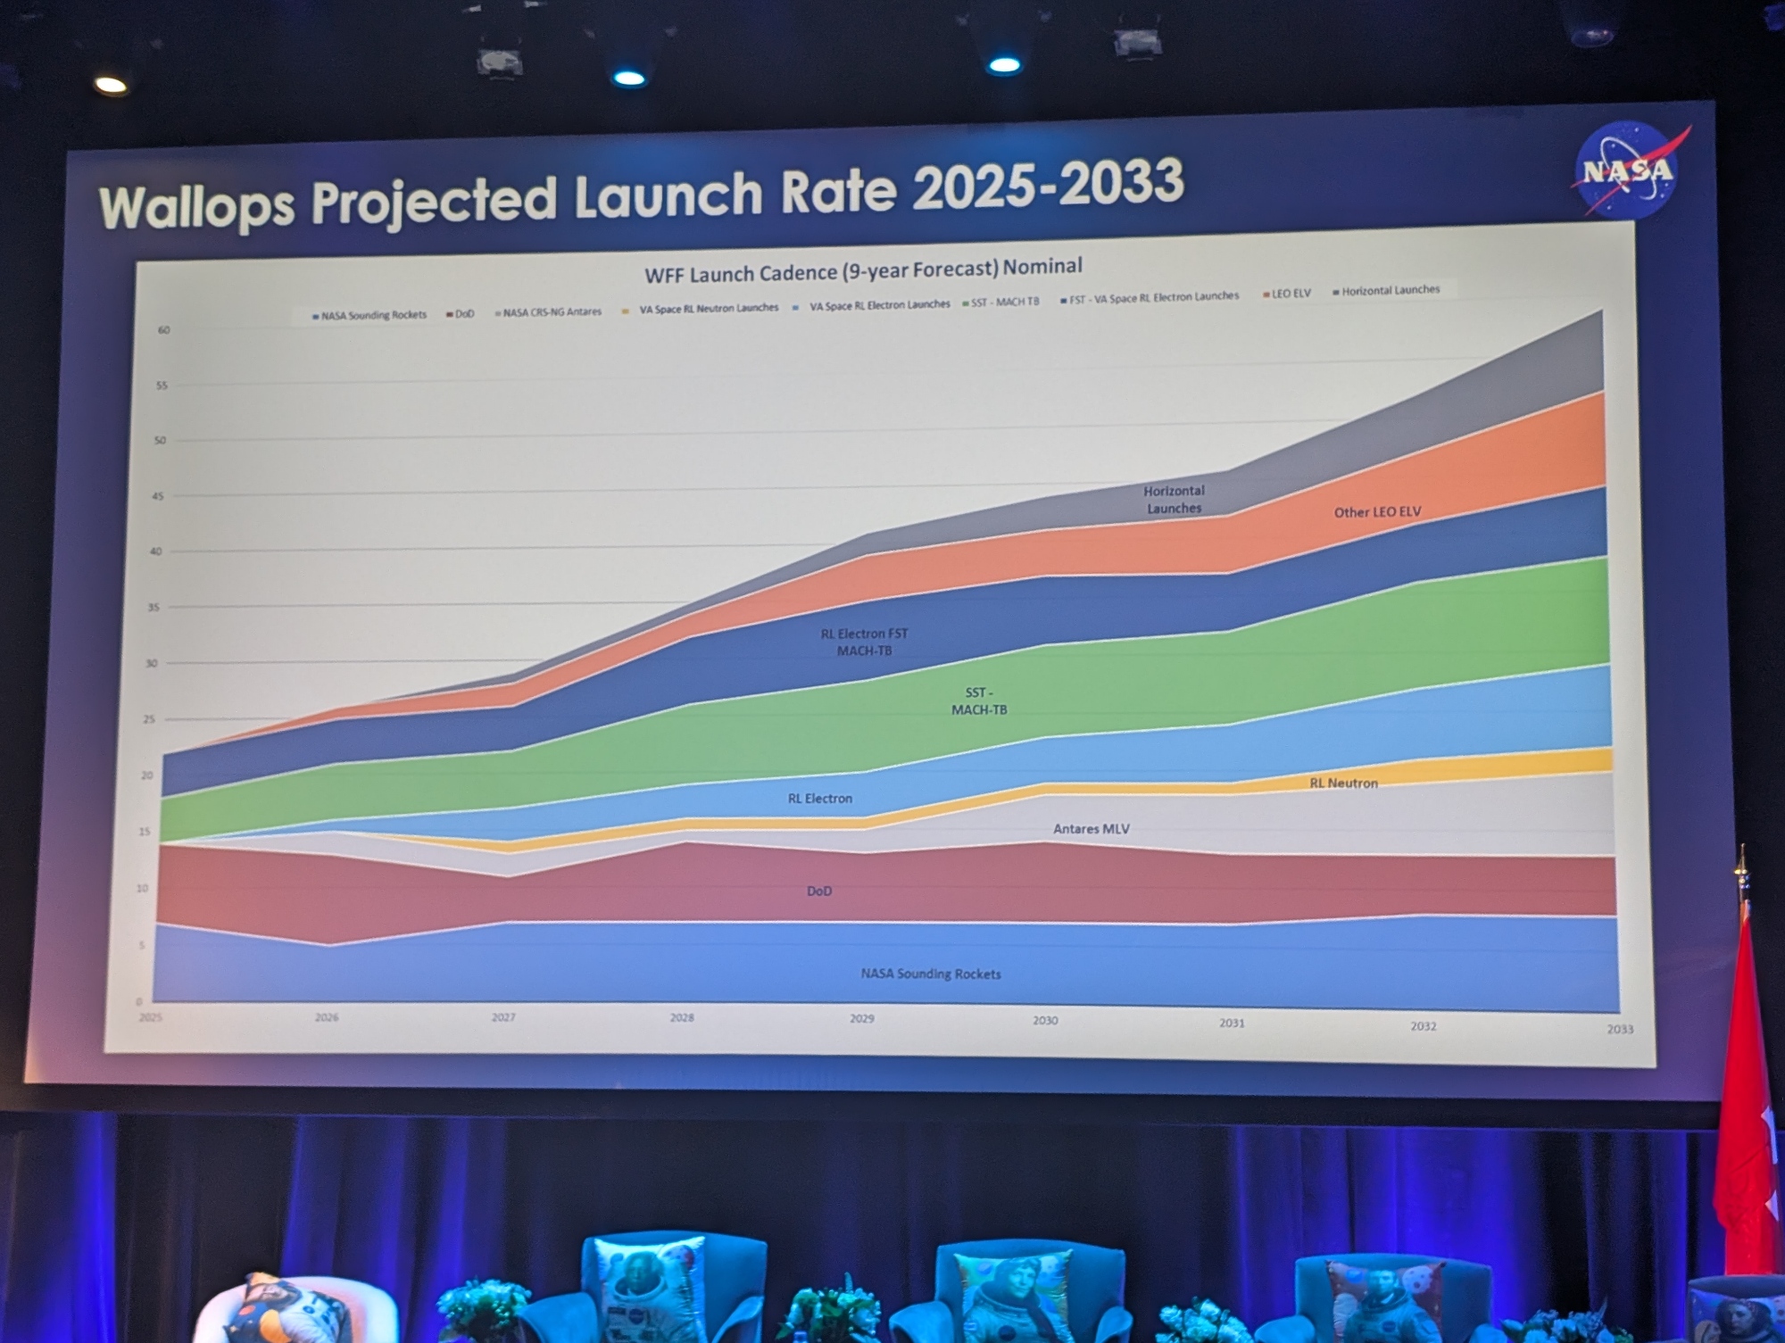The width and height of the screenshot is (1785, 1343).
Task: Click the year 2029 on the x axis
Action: click(x=861, y=1018)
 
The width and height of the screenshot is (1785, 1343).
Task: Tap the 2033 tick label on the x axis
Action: click(x=1620, y=1029)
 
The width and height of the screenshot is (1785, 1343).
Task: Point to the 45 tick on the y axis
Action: click(x=158, y=496)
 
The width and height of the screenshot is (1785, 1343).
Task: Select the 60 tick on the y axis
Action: click(x=163, y=330)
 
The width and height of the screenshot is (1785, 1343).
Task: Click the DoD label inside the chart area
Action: click(x=818, y=891)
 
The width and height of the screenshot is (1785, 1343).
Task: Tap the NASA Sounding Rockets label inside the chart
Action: click(x=930, y=974)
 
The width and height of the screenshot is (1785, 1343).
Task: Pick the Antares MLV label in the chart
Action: click(x=1091, y=829)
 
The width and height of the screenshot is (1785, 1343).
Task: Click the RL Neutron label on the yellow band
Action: click(x=1343, y=783)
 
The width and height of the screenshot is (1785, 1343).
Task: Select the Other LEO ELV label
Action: click(x=1377, y=512)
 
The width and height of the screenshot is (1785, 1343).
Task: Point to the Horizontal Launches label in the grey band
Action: click(x=1174, y=500)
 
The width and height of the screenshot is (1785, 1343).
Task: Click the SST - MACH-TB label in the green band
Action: click(x=978, y=701)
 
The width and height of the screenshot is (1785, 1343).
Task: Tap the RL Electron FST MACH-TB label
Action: click(x=864, y=642)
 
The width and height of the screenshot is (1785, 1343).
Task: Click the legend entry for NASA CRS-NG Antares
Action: click(x=549, y=312)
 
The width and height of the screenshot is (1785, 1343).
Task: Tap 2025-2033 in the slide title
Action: click(x=1048, y=185)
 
